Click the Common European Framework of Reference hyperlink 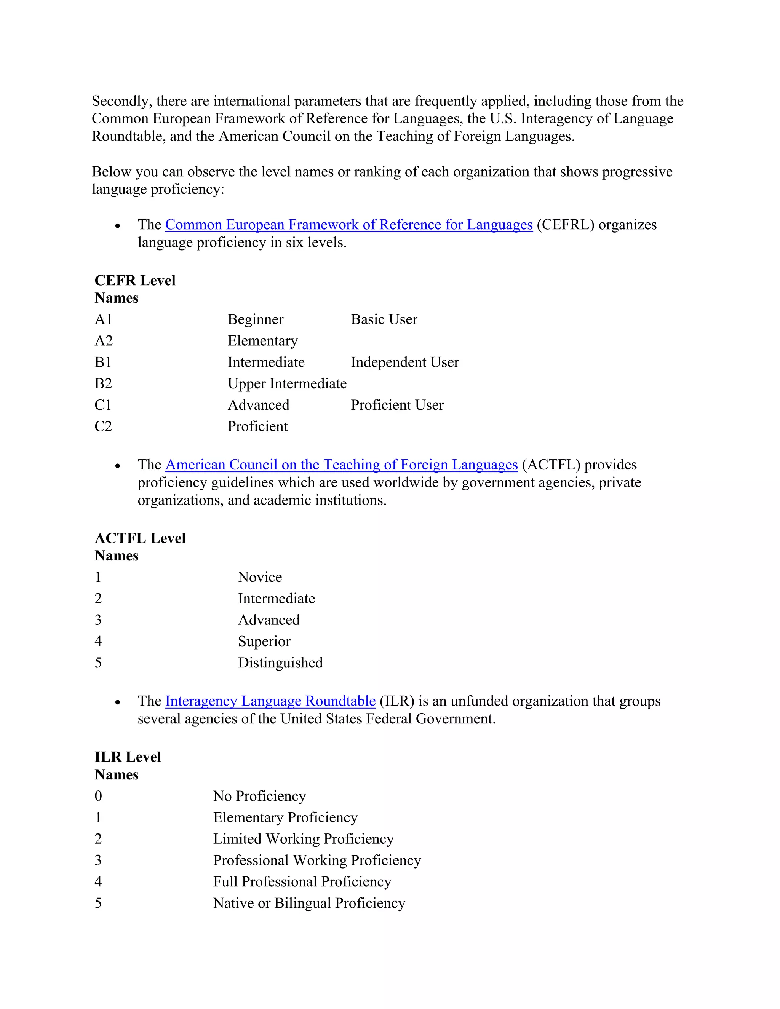(x=349, y=225)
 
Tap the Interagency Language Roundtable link (x=270, y=701)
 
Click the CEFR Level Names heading (x=135, y=289)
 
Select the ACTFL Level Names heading (x=140, y=546)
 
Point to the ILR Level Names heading (x=128, y=766)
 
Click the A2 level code (x=104, y=340)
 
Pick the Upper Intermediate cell (x=287, y=383)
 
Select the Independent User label (x=405, y=362)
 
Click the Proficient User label (x=397, y=405)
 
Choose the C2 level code (x=103, y=426)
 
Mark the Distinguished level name (x=280, y=663)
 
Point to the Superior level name (x=264, y=641)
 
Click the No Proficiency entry (x=259, y=796)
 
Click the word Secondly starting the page (x=121, y=101)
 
